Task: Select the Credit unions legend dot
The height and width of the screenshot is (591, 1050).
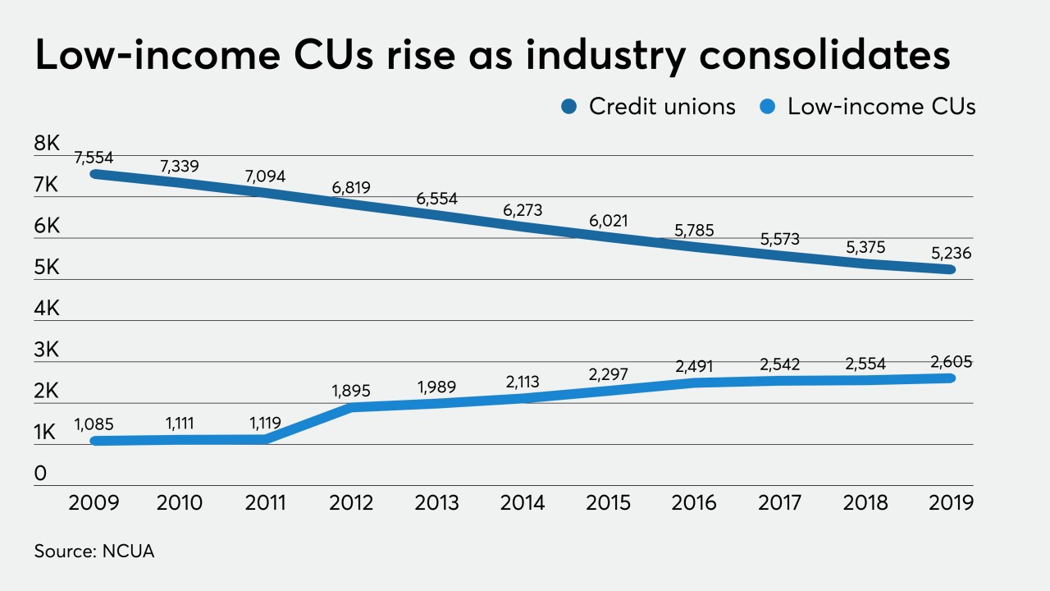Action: point(571,107)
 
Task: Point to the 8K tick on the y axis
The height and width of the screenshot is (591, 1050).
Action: point(47,144)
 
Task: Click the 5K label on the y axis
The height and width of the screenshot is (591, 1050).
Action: point(47,268)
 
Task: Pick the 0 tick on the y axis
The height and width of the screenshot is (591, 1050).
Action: point(40,474)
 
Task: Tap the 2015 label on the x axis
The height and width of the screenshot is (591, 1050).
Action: point(609,502)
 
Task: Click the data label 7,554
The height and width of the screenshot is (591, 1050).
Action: point(94,157)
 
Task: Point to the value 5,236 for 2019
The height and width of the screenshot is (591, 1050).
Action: point(952,254)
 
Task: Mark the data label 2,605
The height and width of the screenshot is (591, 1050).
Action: point(952,362)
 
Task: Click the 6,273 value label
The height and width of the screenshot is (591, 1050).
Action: point(523,211)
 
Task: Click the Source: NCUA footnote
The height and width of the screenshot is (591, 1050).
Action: point(94,552)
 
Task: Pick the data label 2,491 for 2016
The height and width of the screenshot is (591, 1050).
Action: point(694,367)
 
